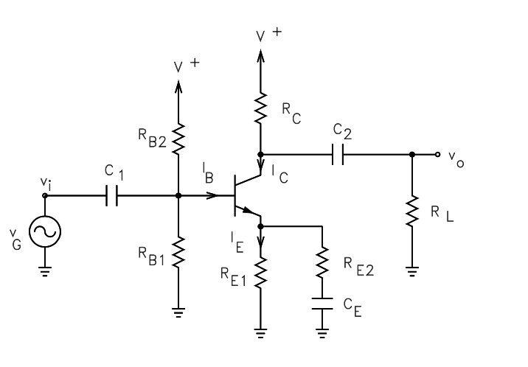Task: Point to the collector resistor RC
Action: click(x=260, y=107)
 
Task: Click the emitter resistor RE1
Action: click(x=260, y=273)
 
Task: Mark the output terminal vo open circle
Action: click(x=438, y=155)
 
